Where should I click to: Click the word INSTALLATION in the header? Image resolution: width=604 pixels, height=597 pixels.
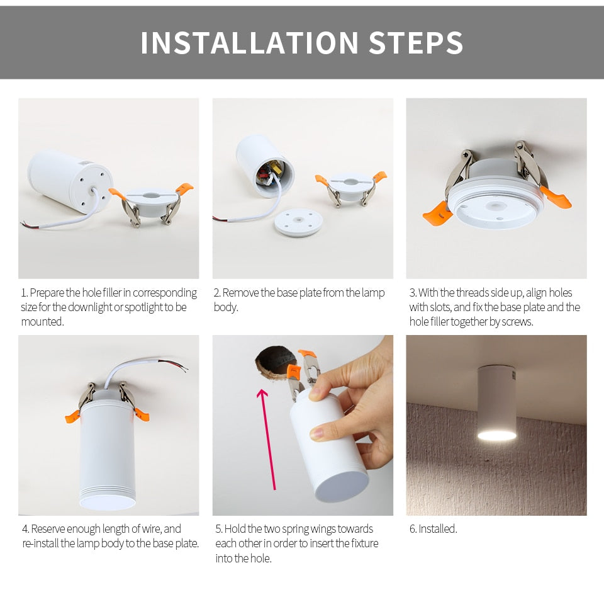point(249,43)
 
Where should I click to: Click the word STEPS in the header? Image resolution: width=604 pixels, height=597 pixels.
point(416,43)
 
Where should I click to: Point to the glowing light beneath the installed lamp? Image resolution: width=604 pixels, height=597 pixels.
point(496,435)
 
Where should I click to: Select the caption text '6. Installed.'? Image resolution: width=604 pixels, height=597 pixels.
point(433,529)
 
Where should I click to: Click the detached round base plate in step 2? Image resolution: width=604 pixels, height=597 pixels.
point(299,222)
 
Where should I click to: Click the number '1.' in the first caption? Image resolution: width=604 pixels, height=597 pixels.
point(25,293)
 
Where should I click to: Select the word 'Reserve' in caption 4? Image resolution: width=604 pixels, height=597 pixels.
point(48,529)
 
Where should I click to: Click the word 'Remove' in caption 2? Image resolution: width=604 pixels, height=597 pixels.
point(240,293)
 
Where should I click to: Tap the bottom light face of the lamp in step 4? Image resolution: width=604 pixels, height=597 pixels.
point(107,502)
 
